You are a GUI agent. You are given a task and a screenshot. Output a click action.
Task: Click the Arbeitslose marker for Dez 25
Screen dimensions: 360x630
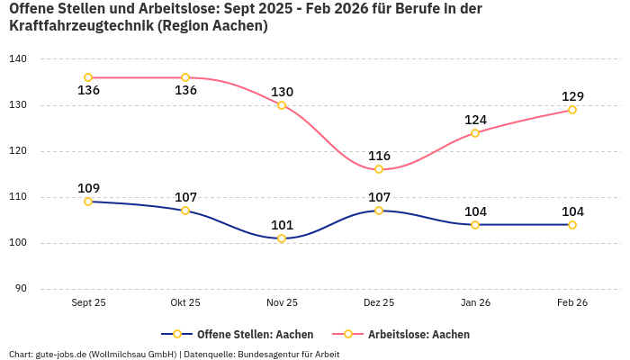(x=379, y=169)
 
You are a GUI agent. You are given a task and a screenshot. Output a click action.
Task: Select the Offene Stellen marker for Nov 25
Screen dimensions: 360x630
(x=282, y=238)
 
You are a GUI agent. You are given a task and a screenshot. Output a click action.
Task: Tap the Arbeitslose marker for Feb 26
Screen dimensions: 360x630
(x=572, y=110)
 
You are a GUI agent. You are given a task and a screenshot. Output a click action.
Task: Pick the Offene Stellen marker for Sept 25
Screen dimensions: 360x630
(x=88, y=202)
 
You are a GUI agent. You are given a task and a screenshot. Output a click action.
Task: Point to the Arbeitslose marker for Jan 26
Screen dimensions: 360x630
(x=475, y=133)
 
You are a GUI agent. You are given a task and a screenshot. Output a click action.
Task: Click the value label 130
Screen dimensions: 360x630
(x=282, y=92)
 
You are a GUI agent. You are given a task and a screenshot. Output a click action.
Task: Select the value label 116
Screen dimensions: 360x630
(x=379, y=156)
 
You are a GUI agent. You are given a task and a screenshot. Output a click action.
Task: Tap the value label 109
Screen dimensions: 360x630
(x=88, y=188)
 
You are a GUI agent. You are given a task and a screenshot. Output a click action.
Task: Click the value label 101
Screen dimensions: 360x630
(x=282, y=225)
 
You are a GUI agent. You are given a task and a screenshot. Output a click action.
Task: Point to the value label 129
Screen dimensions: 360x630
(x=572, y=96)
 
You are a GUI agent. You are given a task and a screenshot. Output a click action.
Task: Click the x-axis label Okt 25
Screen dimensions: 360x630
(x=185, y=302)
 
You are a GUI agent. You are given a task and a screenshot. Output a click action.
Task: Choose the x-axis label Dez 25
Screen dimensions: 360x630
(x=379, y=302)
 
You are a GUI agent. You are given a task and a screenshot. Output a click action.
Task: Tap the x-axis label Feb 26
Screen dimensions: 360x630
(x=572, y=302)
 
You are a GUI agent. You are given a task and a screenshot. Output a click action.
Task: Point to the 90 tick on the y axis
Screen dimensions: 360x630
(x=21, y=289)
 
